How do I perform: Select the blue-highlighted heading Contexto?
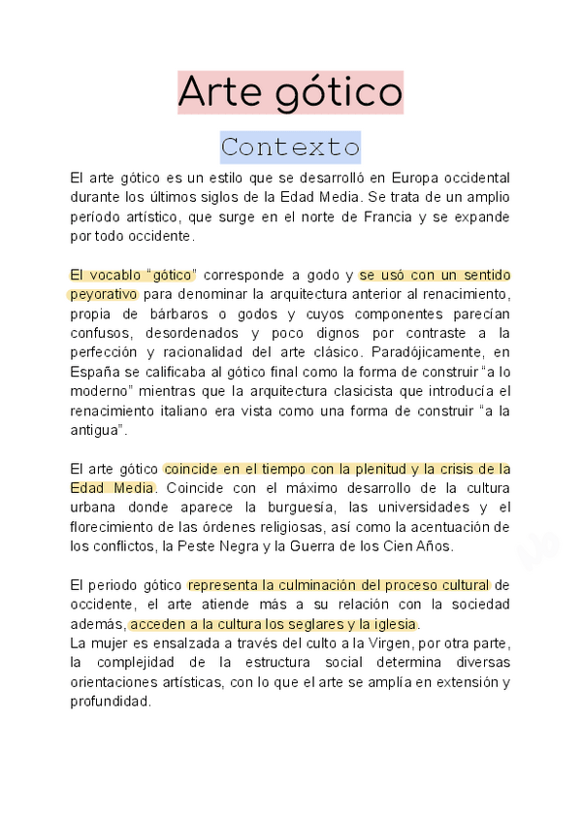pos(290,148)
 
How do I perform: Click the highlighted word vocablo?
pos(121,275)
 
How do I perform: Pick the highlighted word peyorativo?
pos(104,294)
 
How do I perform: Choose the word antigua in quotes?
pos(96,428)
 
